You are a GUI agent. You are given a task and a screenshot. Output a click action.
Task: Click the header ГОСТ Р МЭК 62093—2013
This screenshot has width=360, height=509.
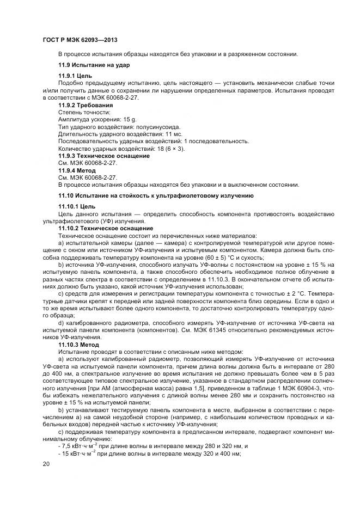click(x=81, y=41)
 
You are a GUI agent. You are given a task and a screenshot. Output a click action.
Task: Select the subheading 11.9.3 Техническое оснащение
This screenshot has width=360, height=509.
click(x=103, y=156)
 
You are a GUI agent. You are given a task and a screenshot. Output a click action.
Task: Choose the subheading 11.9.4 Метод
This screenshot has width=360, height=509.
click(x=77, y=170)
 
